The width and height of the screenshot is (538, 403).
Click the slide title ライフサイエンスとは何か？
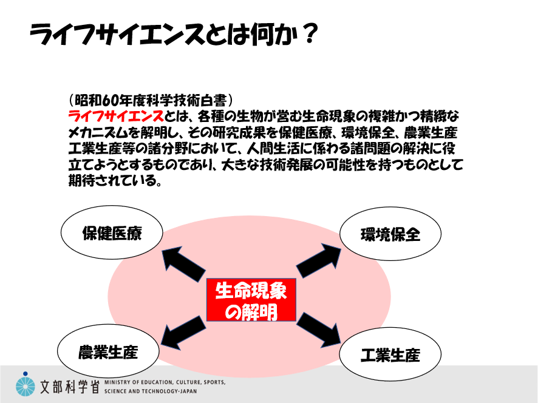(174, 34)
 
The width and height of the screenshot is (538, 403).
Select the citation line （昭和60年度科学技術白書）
(151, 100)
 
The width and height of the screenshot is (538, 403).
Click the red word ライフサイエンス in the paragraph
(116, 117)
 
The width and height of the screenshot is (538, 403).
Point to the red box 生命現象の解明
(251, 300)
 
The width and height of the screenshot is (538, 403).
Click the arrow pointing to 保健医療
(183, 264)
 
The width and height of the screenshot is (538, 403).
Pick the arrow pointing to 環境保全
(319, 260)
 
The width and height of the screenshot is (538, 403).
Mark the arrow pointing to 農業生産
(183, 333)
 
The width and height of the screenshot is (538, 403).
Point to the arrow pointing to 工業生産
(319, 330)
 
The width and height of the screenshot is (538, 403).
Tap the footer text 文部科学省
(70, 387)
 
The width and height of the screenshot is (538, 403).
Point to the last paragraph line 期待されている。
(115, 181)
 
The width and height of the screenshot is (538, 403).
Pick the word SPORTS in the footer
(214, 382)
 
